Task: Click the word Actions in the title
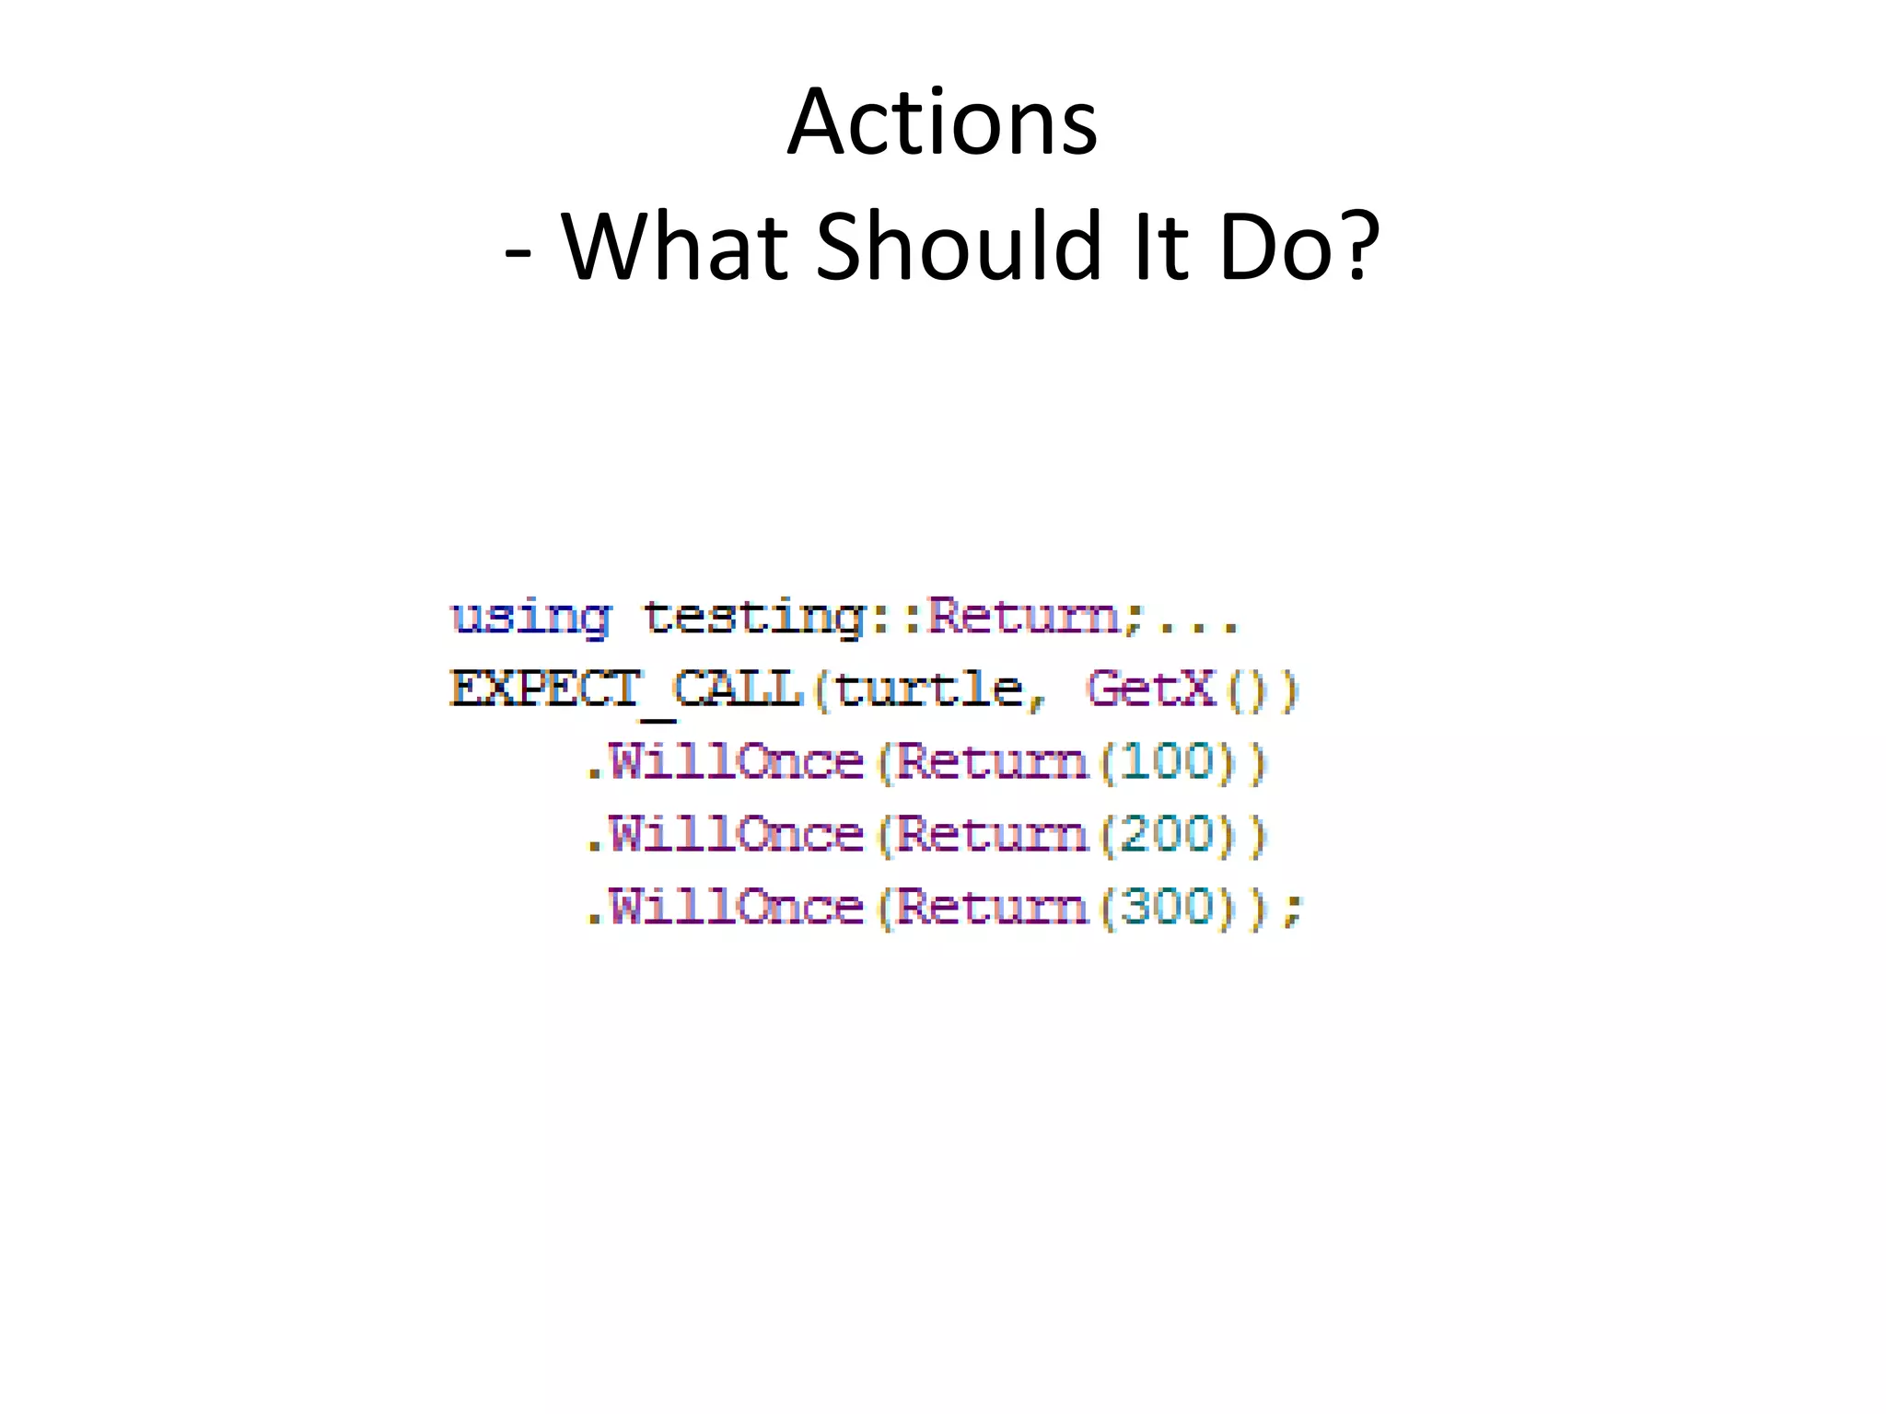tap(942, 122)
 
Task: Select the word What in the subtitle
tap(676, 246)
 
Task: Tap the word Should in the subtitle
tap(959, 246)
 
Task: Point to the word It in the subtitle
tap(1162, 246)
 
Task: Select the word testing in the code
tap(754, 617)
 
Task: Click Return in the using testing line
tap(1023, 617)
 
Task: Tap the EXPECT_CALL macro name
tap(627, 690)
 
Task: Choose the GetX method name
tap(1151, 690)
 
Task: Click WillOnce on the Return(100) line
tap(736, 763)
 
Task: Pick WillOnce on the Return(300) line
tap(736, 909)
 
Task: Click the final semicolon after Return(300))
tap(1294, 911)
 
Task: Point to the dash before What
tap(518, 252)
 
